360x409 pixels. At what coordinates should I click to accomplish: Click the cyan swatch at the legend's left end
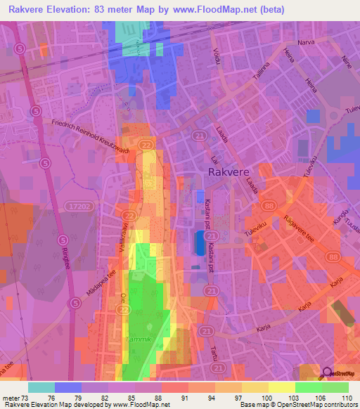pos(41,387)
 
